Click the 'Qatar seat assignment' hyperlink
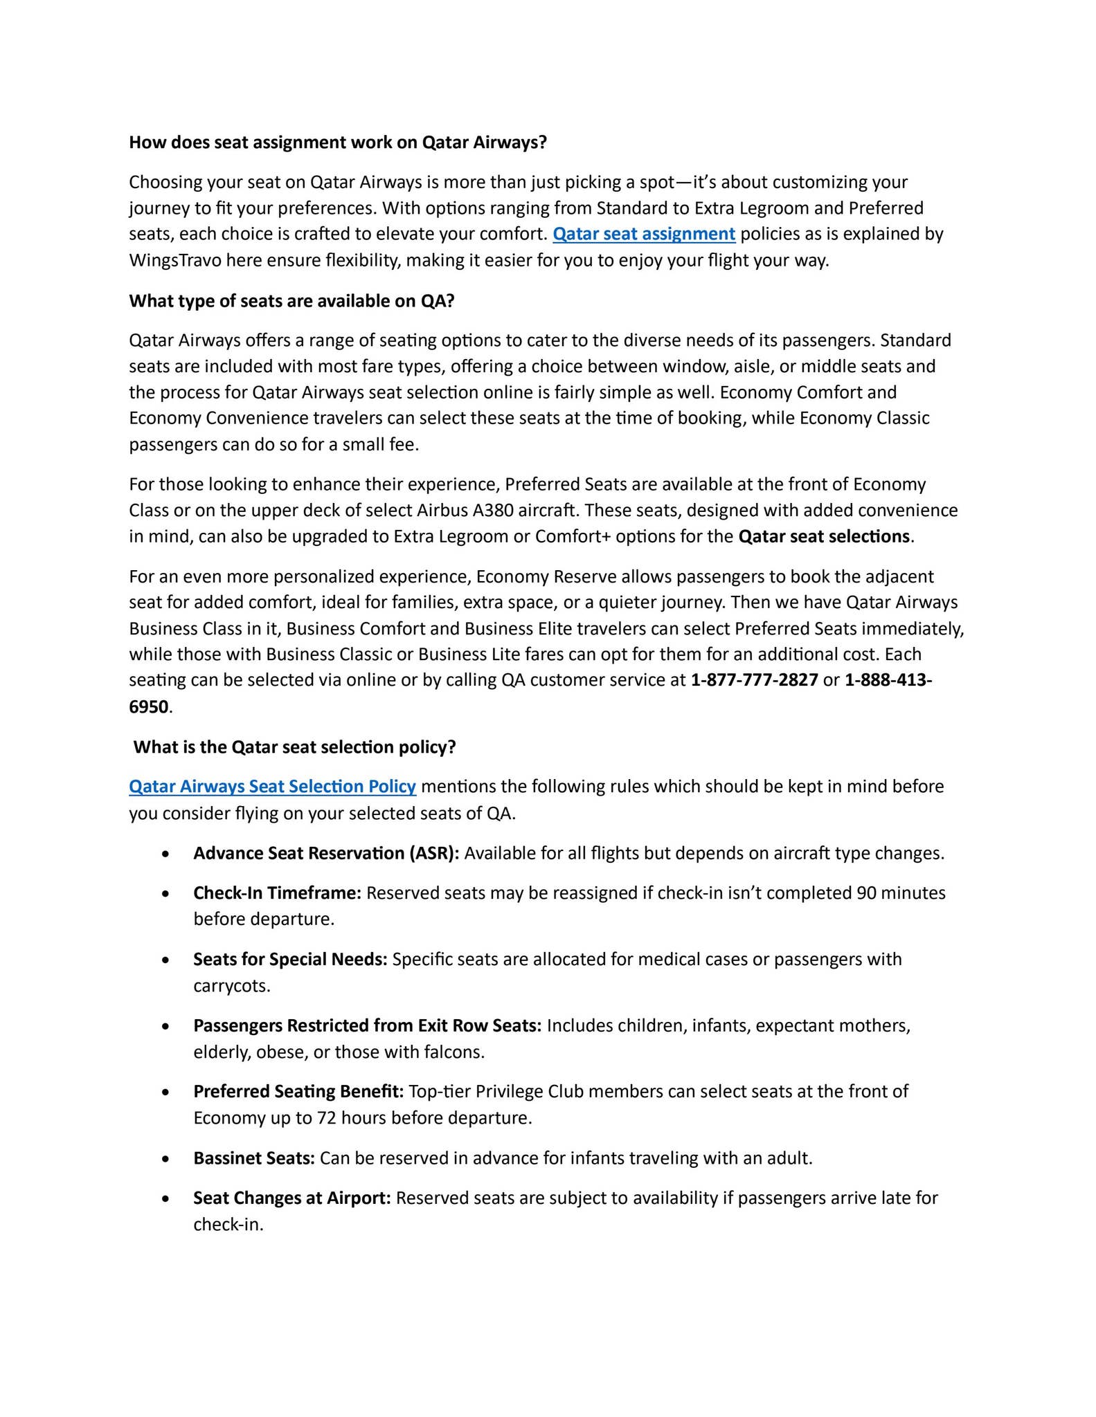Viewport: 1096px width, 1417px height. click(x=643, y=234)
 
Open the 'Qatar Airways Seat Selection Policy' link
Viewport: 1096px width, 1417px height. click(x=272, y=787)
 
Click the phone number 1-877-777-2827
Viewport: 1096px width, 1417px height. click(x=754, y=680)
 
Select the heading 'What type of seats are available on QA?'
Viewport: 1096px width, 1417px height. click(x=291, y=301)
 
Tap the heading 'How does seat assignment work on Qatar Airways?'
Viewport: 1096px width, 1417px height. click(x=338, y=143)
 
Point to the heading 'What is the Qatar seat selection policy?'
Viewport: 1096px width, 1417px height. click(x=294, y=747)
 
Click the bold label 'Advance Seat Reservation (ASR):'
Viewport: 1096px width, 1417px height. click(x=326, y=853)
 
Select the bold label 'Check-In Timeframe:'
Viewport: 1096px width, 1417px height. click(x=277, y=893)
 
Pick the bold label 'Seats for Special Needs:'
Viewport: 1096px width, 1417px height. click(x=290, y=960)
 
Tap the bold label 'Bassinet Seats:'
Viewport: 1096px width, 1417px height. click(x=254, y=1158)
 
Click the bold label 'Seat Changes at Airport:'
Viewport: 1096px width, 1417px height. click(x=292, y=1198)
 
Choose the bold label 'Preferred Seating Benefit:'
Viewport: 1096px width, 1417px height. click(x=298, y=1092)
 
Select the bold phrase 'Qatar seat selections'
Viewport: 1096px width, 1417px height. click(x=824, y=537)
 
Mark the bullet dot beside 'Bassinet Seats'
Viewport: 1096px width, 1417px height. click(x=165, y=1159)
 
